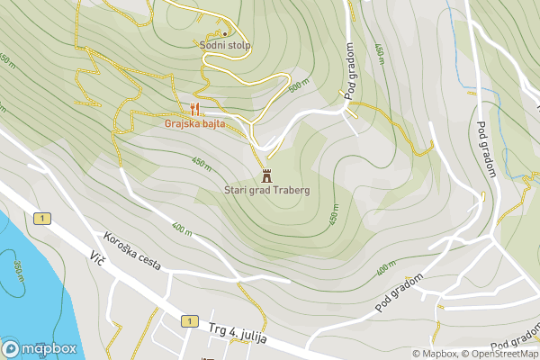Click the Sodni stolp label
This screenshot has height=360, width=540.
coord(226,45)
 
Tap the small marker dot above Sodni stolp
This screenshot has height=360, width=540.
coord(226,34)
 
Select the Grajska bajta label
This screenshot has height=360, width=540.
coord(194,123)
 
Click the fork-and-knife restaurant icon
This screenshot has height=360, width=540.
coord(194,111)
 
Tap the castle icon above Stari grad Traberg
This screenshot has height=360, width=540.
coord(265,175)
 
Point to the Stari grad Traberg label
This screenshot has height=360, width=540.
coord(267,191)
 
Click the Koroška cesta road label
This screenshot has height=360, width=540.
coord(131,251)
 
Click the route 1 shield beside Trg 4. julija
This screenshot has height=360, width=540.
coord(188,321)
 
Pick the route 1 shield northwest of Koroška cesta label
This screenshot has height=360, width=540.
coord(41,219)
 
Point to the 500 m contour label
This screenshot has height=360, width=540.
coord(299,86)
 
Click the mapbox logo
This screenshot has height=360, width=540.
coord(39,348)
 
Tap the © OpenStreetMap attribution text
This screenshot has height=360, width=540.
coord(501,354)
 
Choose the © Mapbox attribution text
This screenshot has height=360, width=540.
coord(436,354)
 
